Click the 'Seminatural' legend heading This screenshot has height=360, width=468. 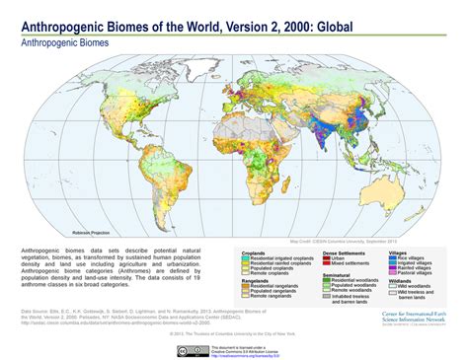click(x=335, y=274)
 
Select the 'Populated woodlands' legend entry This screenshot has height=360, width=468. click(x=361, y=286)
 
